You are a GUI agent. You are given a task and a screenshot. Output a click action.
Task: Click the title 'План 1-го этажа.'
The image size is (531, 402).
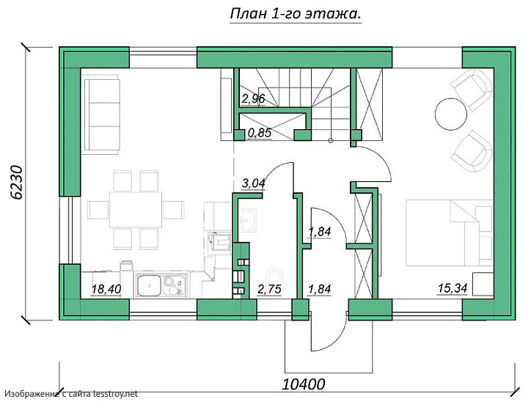click(296, 14)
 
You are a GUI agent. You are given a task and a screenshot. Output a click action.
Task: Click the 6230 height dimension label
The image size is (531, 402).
click(16, 182)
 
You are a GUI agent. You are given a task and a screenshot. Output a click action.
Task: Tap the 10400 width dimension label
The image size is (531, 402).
click(304, 384)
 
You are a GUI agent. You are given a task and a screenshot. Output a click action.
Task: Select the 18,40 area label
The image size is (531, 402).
click(106, 289)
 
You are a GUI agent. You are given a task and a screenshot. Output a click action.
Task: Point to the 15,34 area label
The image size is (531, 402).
click(453, 288)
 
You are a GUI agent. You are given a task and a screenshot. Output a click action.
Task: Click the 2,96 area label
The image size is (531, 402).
click(253, 98)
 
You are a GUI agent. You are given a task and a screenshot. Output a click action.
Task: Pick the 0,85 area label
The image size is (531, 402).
click(260, 133)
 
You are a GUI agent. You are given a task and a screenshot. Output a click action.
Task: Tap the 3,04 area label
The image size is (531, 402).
click(253, 183)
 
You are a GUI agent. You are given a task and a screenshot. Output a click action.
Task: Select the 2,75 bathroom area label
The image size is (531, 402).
click(270, 289)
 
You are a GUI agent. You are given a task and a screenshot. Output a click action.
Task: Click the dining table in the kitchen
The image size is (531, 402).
click(136, 209)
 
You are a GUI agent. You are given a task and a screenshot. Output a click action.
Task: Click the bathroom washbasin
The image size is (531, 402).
click(248, 220)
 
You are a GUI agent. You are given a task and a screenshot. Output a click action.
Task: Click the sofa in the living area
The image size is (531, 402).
click(102, 115)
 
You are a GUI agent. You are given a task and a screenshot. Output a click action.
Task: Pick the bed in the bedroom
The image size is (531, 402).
click(450, 233)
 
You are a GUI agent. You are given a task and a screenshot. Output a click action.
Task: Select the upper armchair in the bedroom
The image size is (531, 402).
click(472, 89)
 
